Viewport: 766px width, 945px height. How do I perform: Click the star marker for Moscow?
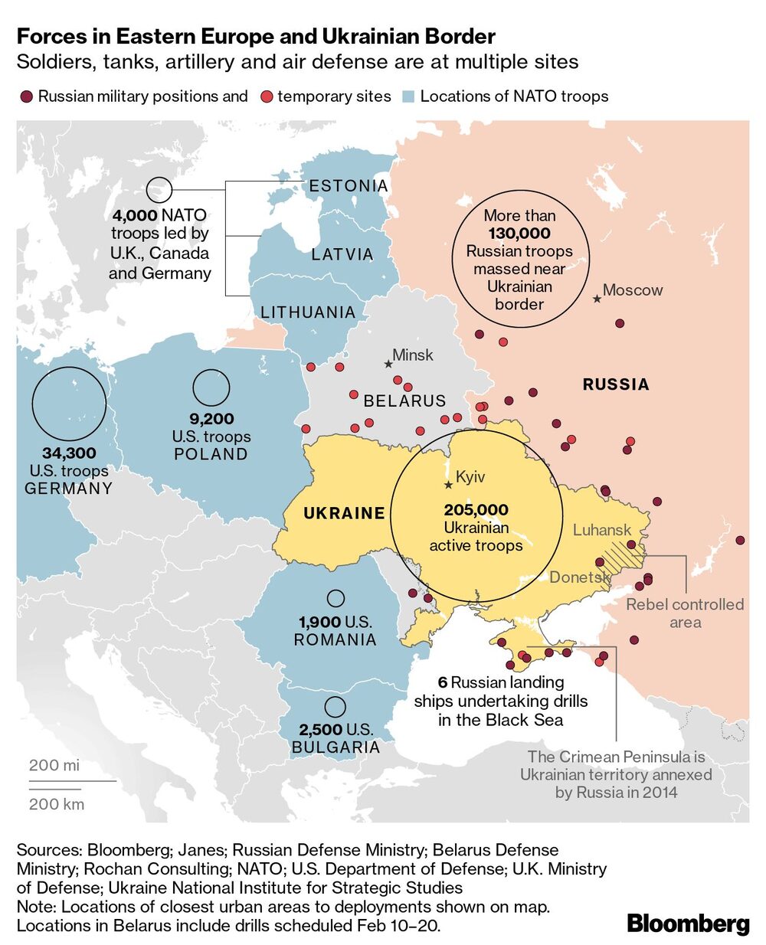coord(597,298)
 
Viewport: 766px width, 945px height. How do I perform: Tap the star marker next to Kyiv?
coord(448,484)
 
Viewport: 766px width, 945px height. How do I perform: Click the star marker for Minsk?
coord(388,364)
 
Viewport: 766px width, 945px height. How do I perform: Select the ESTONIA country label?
coord(349,186)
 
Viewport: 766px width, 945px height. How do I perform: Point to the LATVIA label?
coord(342,254)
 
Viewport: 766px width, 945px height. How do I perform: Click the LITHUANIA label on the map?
coord(308,312)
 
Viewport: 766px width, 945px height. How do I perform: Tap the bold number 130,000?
coord(519,234)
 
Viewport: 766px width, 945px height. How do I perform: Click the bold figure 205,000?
coord(476,510)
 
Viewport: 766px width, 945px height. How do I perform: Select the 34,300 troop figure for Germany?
coord(69,453)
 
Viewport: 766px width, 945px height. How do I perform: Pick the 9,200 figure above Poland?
coord(211,419)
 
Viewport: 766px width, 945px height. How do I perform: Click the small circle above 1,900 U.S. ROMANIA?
coord(336,599)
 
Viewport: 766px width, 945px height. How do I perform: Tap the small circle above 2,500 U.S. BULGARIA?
coord(335,706)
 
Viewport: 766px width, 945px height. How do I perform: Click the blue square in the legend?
coord(408,97)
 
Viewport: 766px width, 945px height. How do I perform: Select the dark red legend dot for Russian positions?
coord(26,97)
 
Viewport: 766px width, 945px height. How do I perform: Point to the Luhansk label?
coord(602,530)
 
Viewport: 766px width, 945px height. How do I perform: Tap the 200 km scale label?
coord(57,804)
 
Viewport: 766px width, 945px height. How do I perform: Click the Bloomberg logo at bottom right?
coord(688,924)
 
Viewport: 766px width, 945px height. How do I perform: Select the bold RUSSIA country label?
coord(616,384)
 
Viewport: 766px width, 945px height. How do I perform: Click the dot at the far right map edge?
coord(740,540)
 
